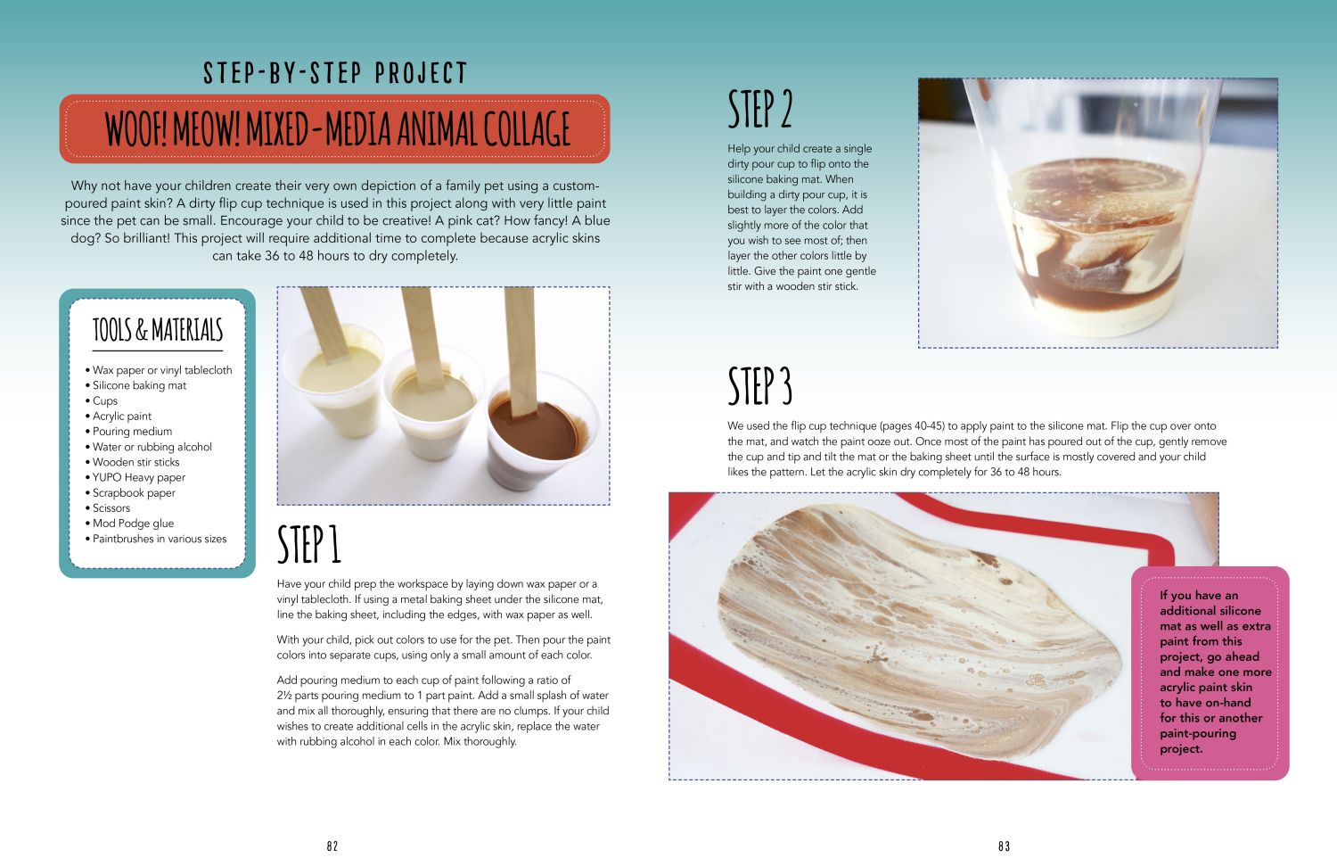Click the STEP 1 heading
308,544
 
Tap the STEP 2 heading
759,109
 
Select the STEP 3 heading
759,386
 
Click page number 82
332,845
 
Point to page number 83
1004,845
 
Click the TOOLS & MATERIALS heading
158,330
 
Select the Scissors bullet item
108,508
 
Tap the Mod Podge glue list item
129,524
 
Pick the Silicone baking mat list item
135,385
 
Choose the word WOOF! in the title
136,129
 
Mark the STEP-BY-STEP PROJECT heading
335,73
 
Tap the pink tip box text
1215,672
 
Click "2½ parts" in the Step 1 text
298,695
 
